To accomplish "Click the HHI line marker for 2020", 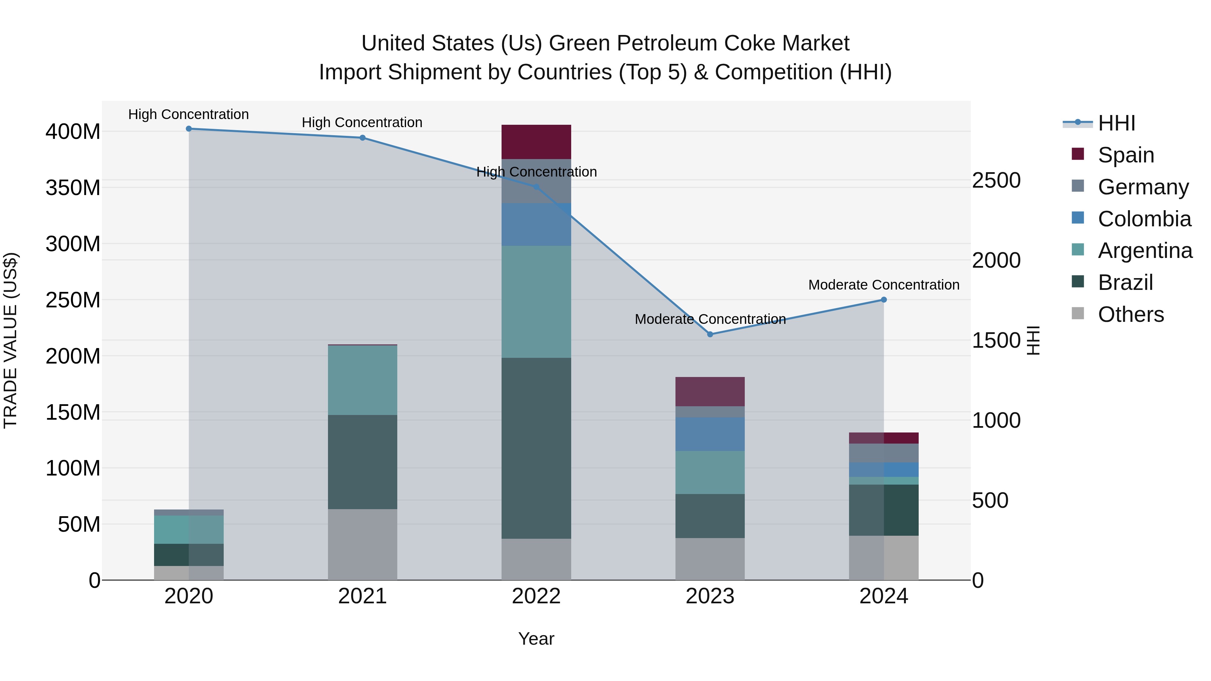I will pyautogui.click(x=189, y=129).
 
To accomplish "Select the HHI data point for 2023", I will pyautogui.click(x=710, y=334).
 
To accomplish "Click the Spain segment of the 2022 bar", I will pyautogui.click(x=536, y=142).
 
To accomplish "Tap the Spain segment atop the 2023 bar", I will pyautogui.click(x=710, y=391).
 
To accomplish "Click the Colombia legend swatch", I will pyautogui.click(x=1077, y=218).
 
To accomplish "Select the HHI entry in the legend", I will pyautogui.click(x=1116, y=123).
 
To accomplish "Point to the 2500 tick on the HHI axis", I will pyautogui.click(x=996, y=181).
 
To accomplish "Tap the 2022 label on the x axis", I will pyautogui.click(x=536, y=596).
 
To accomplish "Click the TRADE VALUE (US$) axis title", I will pyautogui.click(x=10, y=340).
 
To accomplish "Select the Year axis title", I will pyautogui.click(x=536, y=639).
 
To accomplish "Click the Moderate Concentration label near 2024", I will pyautogui.click(x=884, y=285).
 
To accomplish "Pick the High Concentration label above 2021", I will pyautogui.click(x=362, y=123).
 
